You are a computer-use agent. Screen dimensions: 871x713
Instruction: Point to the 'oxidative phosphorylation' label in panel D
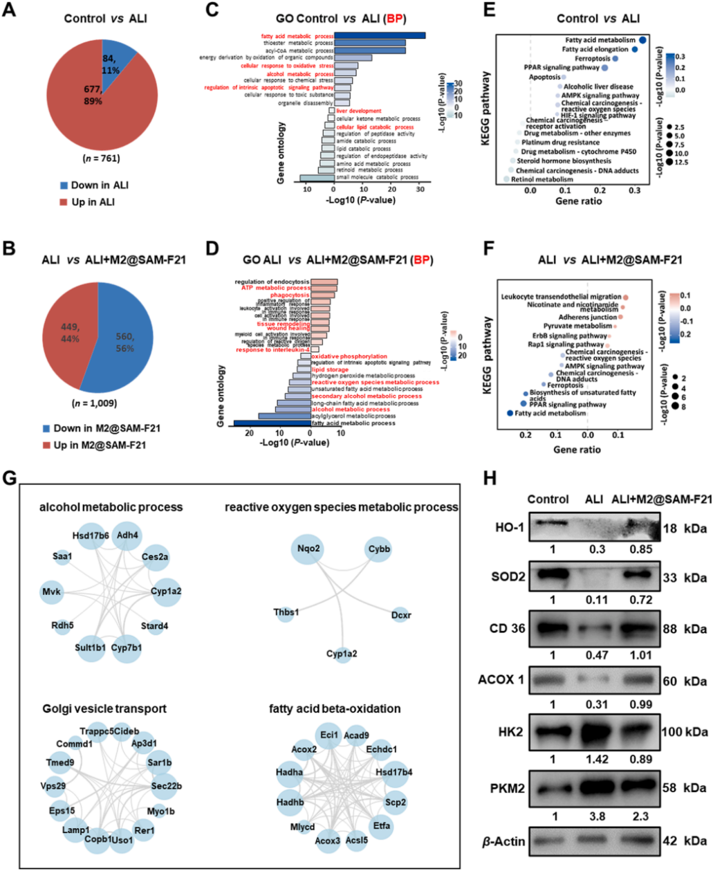[349, 356]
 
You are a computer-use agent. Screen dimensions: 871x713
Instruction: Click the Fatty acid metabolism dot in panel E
[642, 40]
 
